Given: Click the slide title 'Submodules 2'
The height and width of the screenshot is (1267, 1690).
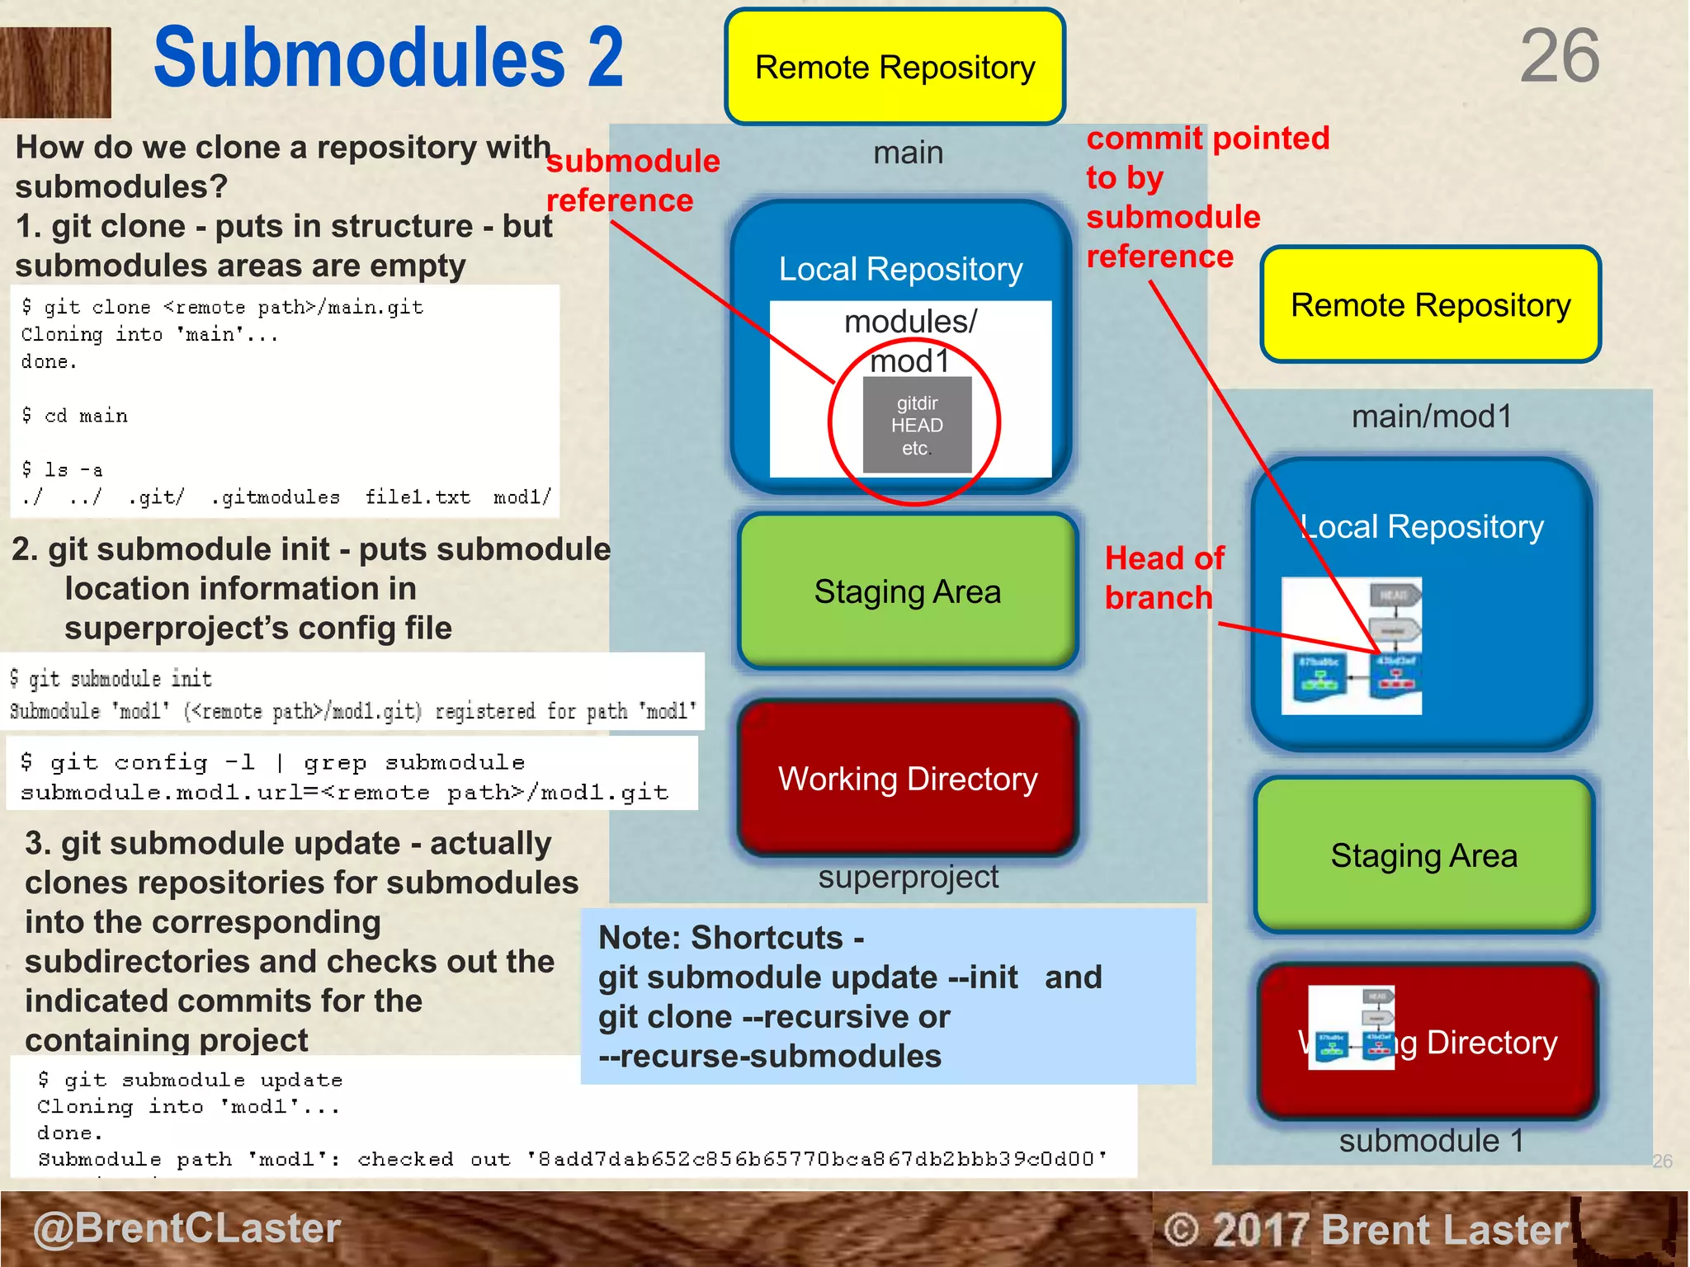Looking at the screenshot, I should (x=388, y=58).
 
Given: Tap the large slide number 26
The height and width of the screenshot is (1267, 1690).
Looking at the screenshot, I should (x=1559, y=56).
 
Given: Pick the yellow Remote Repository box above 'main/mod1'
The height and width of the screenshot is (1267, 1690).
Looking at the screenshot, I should (x=1430, y=305).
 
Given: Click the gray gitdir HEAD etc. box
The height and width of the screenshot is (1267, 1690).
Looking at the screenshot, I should (x=917, y=426).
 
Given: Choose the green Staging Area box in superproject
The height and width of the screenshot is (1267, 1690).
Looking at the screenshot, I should (x=907, y=591).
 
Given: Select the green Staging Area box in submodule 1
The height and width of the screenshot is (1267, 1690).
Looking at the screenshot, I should (x=1423, y=855).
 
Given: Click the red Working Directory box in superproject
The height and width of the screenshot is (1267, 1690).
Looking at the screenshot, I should (x=907, y=779).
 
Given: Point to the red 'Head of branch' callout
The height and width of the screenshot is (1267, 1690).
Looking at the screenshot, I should (x=1164, y=577).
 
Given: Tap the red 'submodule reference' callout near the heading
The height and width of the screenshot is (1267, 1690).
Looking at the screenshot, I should (x=632, y=181).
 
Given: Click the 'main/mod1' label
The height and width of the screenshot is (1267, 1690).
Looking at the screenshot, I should (x=1431, y=417).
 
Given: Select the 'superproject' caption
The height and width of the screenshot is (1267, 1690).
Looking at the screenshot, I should (x=908, y=877).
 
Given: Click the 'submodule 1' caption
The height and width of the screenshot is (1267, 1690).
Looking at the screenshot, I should (x=1430, y=1141).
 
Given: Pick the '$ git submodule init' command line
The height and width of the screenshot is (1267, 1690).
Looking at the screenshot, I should (x=111, y=679).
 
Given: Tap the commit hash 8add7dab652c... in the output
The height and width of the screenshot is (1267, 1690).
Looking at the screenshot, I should (x=817, y=1159).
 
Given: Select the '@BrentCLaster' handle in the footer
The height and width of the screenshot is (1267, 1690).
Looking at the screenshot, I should (x=186, y=1227).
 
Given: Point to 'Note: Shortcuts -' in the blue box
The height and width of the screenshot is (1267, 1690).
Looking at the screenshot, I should (x=731, y=938).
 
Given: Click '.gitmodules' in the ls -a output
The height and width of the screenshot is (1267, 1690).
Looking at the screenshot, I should (x=276, y=497).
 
